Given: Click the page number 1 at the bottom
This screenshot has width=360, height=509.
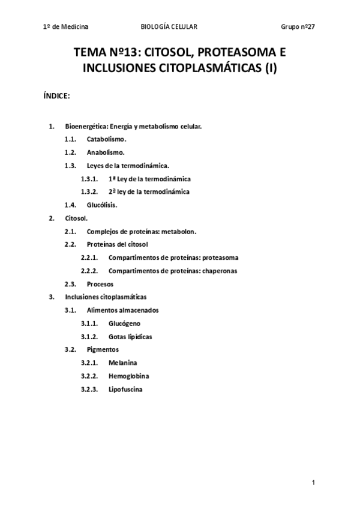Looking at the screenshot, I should click(314, 483).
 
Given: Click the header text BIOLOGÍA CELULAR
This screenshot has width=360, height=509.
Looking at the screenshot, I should click(169, 27).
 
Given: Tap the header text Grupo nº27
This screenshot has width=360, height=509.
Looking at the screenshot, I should click(298, 27).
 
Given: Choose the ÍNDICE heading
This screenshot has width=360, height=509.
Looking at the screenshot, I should click(58, 95).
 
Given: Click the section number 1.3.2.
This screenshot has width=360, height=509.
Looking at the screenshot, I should click(90, 191).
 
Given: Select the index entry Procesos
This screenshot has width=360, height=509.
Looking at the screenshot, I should click(100, 284).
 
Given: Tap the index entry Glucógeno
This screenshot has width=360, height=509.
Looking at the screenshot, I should click(125, 324).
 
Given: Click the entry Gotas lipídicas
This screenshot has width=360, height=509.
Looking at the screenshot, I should click(130, 337).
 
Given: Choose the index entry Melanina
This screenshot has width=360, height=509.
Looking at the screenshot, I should click(123, 363).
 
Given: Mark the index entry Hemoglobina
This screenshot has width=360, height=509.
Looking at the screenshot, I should click(129, 376).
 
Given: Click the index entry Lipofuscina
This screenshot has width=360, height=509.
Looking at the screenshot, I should click(126, 390).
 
